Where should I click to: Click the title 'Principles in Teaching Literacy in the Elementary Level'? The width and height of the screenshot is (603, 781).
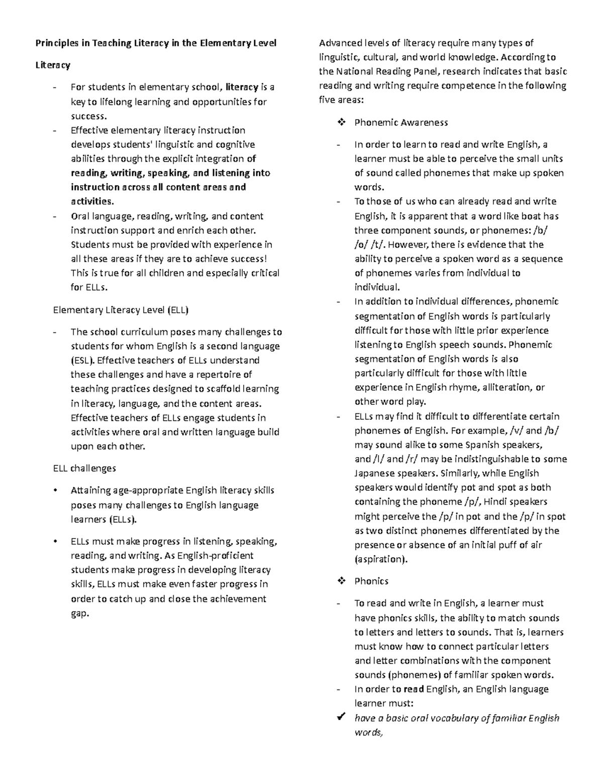pyautogui.click(x=156, y=43)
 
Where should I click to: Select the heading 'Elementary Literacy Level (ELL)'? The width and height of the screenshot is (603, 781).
pyautogui.click(x=121, y=310)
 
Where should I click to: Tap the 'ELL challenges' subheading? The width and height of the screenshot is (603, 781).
pyautogui.click(x=84, y=469)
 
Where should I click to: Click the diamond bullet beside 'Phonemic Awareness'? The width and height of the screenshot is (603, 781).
pyautogui.click(x=342, y=123)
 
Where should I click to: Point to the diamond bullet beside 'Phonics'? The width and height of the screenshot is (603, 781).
pyautogui.click(x=342, y=581)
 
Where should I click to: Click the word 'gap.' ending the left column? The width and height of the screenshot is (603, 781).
pyautogui.click(x=79, y=614)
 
